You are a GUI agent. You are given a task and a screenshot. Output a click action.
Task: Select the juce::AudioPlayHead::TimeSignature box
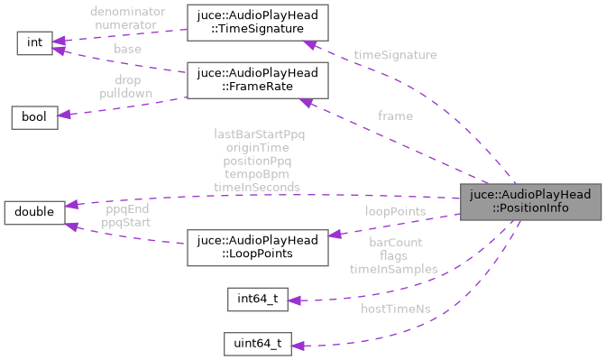point(255,22)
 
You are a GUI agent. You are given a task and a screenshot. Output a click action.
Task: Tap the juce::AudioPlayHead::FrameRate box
point(255,80)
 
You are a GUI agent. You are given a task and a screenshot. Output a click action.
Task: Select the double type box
point(34,213)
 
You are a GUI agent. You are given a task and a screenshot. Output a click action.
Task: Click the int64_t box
point(258,300)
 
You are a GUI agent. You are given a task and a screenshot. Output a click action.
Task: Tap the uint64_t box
point(258,344)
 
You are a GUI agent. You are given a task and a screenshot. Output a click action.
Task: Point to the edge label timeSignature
point(395,55)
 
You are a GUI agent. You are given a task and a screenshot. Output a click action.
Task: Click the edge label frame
point(395,115)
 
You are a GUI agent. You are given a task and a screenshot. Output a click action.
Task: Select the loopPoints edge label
point(395,211)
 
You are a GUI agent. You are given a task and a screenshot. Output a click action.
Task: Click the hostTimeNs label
point(395,309)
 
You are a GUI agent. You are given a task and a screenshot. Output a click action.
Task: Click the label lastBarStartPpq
point(259,134)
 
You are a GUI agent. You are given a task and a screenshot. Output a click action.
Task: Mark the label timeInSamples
point(395,269)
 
